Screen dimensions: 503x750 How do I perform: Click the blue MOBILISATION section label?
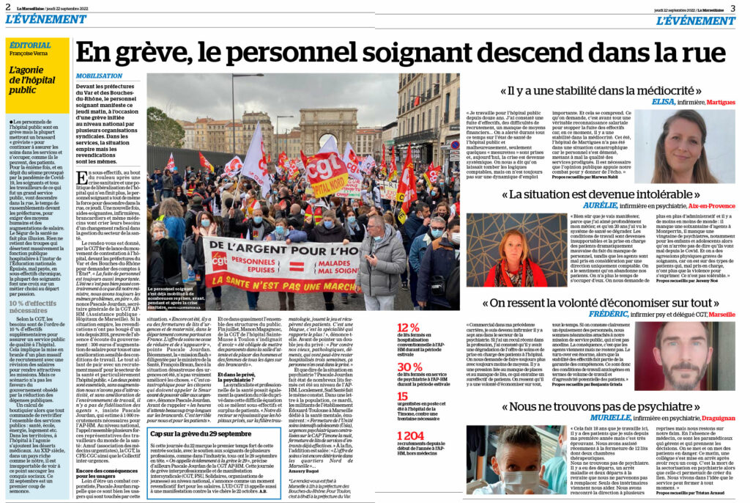click(99, 76)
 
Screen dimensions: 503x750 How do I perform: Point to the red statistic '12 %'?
click(408, 328)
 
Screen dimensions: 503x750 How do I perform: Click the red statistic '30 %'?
click(409, 367)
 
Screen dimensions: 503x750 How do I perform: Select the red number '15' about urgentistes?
click(402, 396)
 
